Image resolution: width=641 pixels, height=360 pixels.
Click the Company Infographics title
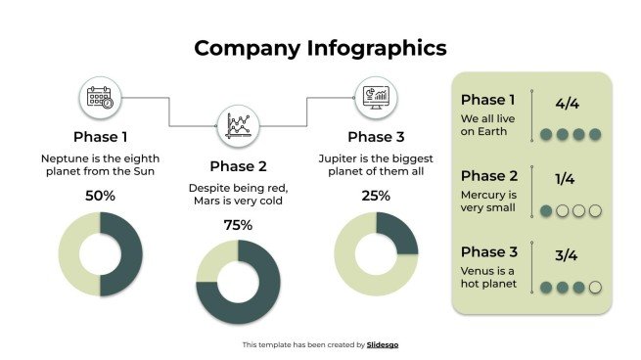(x=320, y=48)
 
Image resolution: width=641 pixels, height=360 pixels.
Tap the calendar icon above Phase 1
(x=100, y=98)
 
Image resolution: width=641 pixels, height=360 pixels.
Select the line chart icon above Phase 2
(x=238, y=126)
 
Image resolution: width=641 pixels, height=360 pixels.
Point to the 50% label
(x=100, y=196)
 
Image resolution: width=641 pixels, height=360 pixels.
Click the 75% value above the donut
(x=238, y=225)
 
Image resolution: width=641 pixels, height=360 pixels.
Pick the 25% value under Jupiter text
(x=376, y=196)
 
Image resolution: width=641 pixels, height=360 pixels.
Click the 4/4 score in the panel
(x=567, y=103)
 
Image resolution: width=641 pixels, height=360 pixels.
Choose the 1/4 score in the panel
(x=565, y=179)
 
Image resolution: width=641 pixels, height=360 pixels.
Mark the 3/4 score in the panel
(x=566, y=256)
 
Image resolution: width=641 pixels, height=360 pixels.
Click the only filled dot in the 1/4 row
(x=546, y=210)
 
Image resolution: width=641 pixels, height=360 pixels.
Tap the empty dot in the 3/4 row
(x=594, y=288)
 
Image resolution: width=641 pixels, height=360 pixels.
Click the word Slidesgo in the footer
(x=383, y=344)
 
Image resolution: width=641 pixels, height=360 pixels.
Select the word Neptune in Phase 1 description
(x=62, y=157)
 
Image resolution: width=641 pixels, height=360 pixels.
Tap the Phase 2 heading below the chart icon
(x=238, y=165)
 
